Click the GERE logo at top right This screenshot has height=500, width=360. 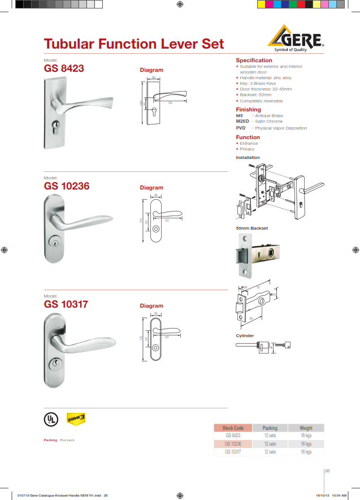click(x=297, y=40)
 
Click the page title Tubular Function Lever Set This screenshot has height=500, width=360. click(x=134, y=44)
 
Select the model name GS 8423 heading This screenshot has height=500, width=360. click(x=64, y=68)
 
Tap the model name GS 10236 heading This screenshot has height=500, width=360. click(x=67, y=186)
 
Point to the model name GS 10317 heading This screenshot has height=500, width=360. click(x=67, y=304)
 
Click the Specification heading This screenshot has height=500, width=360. click(x=254, y=60)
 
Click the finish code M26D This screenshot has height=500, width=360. click(x=242, y=122)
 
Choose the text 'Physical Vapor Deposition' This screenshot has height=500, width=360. click(x=281, y=128)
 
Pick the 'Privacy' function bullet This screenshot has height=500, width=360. click(x=247, y=149)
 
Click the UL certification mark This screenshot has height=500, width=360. click(x=51, y=419)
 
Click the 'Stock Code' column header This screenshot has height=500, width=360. click(x=233, y=428)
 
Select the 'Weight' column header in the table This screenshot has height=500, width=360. click(x=306, y=428)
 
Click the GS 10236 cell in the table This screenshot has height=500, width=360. click(x=233, y=444)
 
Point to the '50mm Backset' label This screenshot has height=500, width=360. click(x=251, y=228)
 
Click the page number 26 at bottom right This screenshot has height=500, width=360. click(x=327, y=470)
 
